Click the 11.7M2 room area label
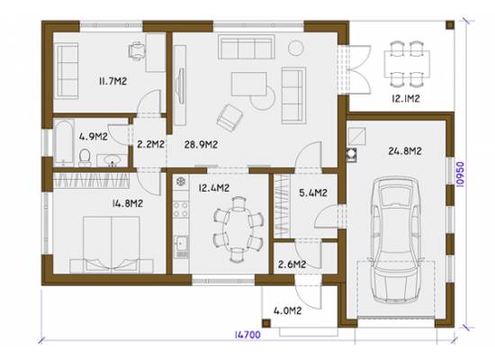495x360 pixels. click(113, 81)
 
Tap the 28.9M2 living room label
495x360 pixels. click(201, 145)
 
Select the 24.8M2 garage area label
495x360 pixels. click(405, 151)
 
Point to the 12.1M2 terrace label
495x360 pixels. click(406, 98)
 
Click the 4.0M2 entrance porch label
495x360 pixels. click(288, 310)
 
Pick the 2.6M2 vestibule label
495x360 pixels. click(292, 264)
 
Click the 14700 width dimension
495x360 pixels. click(247, 335)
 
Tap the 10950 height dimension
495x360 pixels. click(460, 175)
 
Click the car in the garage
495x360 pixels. click(396, 240)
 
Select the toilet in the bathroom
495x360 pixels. click(85, 157)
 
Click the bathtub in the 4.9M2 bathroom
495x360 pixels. click(64, 142)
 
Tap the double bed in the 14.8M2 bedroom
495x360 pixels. click(112, 244)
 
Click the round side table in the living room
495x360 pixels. click(296, 48)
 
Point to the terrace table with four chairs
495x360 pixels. click(407, 64)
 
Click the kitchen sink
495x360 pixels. click(181, 247)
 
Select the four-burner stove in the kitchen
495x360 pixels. click(181, 210)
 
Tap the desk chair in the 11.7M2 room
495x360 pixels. click(138, 50)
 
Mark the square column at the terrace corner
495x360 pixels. click(450, 24)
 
